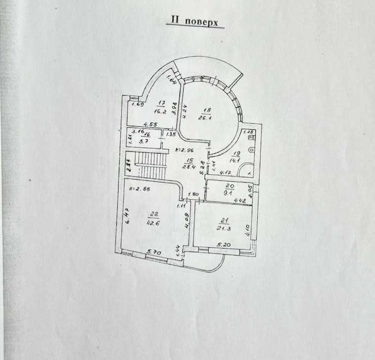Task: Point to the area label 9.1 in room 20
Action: [229, 195]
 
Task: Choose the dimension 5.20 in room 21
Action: [224, 245]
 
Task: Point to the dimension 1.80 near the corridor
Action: [193, 194]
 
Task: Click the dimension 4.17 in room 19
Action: [224, 173]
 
